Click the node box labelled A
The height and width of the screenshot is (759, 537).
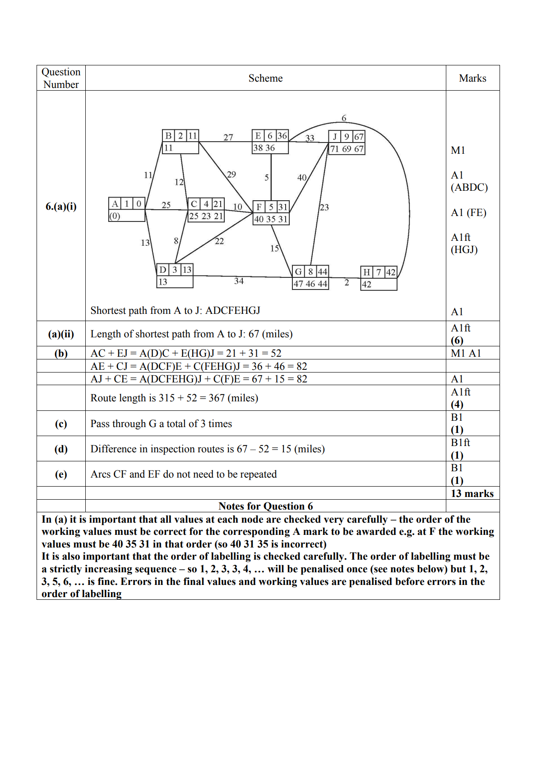(x=127, y=209)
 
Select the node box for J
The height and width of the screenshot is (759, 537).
(x=347, y=143)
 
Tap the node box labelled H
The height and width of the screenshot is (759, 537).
(x=379, y=278)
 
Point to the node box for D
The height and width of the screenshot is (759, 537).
(x=175, y=276)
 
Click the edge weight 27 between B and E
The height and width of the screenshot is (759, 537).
(x=228, y=137)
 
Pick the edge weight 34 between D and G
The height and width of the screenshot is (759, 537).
(x=239, y=281)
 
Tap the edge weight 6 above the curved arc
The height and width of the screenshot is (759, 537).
(x=344, y=118)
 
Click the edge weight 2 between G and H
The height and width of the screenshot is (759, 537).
(x=347, y=283)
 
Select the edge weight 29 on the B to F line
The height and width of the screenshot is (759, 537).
(x=231, y=175)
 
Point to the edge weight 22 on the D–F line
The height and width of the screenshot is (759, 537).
(x=219, y=241)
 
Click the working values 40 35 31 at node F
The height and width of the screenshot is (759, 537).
(x=271, y=219)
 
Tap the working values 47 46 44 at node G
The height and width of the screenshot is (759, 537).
(x=310, y=284)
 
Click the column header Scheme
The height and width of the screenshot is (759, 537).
(x=265, y=78)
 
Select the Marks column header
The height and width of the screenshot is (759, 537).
(x=472, y=78)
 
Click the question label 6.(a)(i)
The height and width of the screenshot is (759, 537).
(x=61, y=207)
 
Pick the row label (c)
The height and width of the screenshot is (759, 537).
(x=61, y=423)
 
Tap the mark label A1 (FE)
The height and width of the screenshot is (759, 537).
(x=468, y=212)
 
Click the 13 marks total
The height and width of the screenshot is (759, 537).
(x=472, y=493)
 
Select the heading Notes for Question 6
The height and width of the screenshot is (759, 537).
(x=265, y=506)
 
